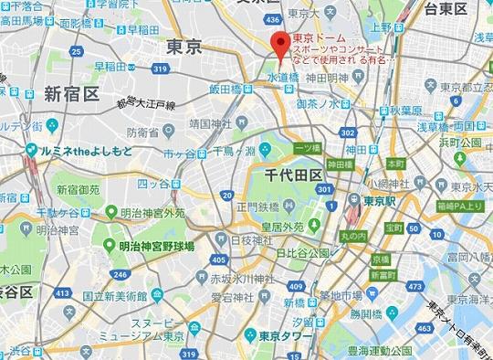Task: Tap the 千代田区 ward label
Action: [291, 173]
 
